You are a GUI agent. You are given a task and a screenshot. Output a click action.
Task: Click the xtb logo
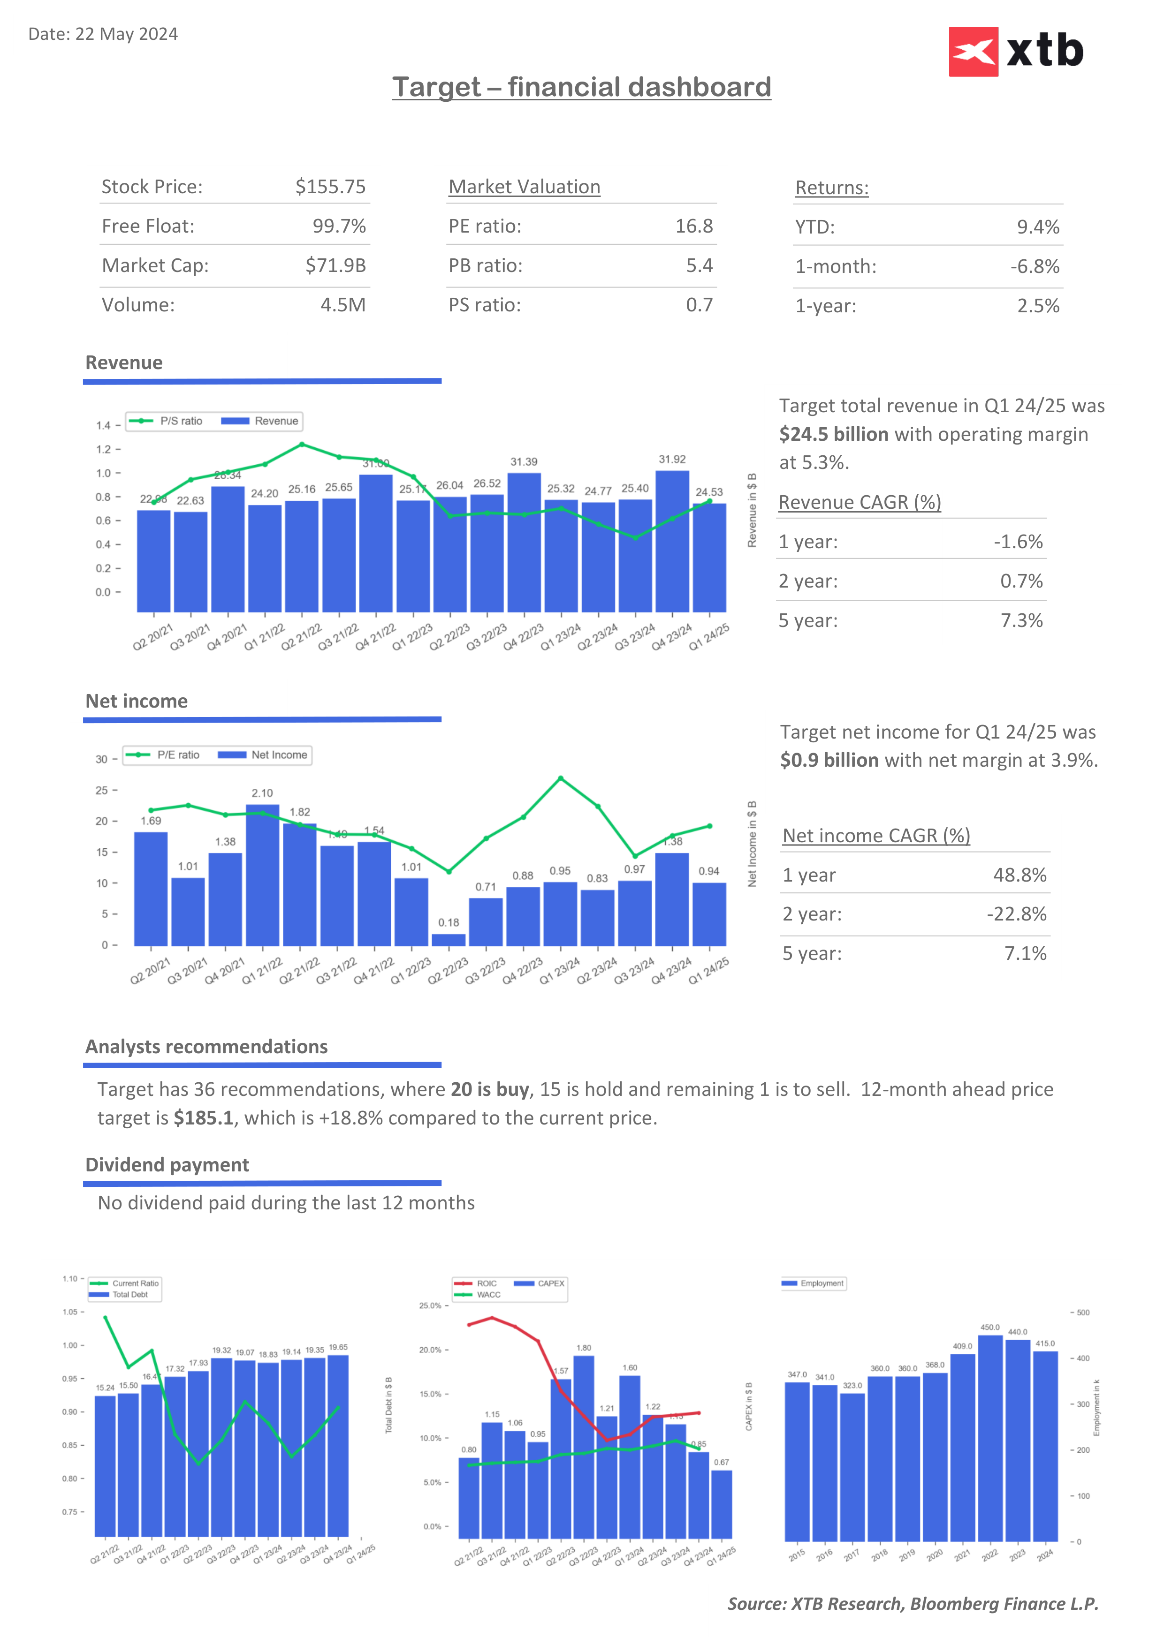coord(1016,52)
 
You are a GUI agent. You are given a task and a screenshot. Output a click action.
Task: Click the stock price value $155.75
coord(330,187)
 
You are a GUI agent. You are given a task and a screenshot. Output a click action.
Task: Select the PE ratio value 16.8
coord(694,226)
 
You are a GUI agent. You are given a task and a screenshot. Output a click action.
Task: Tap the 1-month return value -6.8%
coord(1034,266)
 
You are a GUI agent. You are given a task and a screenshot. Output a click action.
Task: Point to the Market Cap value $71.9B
coord(335,266)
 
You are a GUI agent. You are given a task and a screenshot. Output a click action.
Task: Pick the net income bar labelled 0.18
coord(449,939)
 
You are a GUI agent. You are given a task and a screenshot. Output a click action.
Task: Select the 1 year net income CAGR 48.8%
coord(1019,875)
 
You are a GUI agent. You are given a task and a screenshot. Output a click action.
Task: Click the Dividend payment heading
coord(167,1165)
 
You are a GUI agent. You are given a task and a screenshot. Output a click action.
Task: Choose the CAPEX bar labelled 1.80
coord(584,1447)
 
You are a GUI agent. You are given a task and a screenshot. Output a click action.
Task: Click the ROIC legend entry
coord(477,1283)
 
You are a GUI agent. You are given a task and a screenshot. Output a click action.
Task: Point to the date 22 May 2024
coord(126,34)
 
